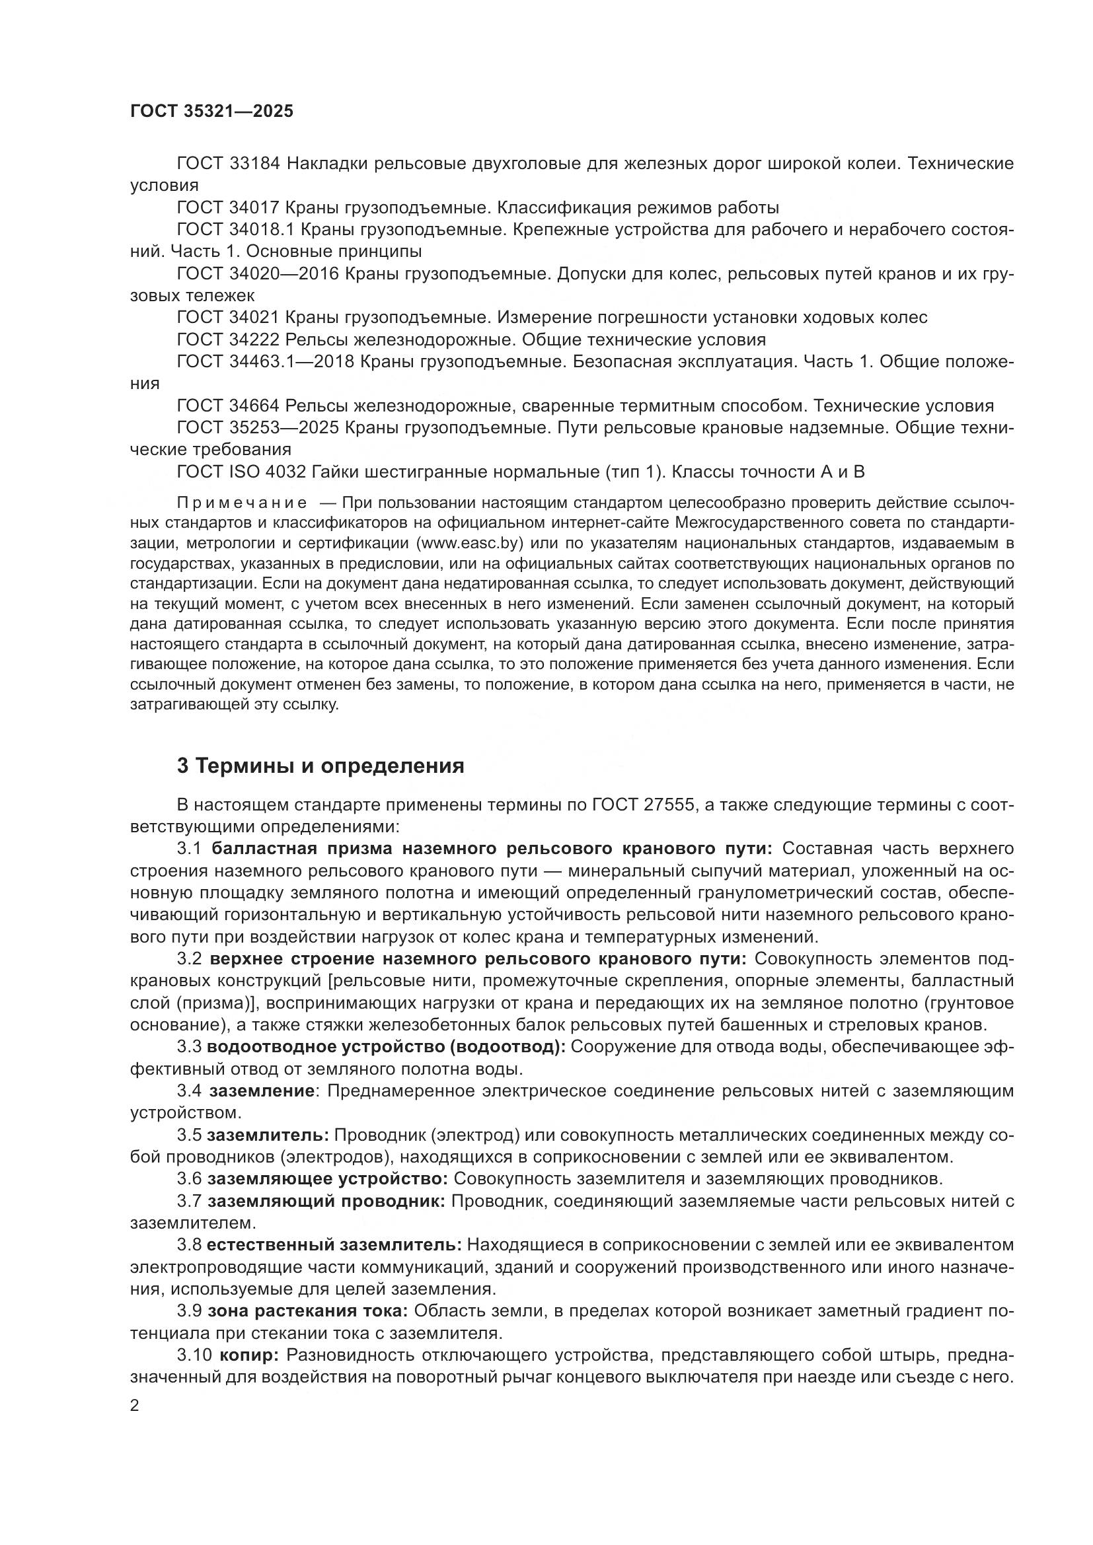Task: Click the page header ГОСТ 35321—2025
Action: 211,112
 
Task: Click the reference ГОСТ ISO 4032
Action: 241,472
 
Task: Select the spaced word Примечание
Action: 243,503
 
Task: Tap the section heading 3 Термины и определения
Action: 320,766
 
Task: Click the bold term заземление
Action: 262,1091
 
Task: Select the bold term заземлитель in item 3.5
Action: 268,1135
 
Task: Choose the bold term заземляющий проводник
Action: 326,1201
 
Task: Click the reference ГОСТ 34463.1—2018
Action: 265,362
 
